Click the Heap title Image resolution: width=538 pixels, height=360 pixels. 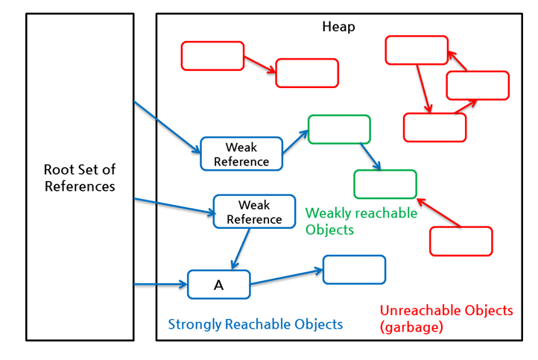pos(338,27)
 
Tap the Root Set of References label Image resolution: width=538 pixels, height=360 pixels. pos(80,178)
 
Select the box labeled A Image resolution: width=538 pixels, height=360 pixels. pos(218,285)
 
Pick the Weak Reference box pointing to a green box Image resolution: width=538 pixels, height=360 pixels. pos(241,154)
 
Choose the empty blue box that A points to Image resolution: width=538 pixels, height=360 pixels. pos(354,270)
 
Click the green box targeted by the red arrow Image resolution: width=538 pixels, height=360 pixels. pos(384,184)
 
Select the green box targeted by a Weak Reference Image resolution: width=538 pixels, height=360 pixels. pos(339,129)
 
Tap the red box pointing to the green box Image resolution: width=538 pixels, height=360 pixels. pos(461,241)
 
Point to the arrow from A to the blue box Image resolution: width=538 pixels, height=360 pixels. pos(286,277)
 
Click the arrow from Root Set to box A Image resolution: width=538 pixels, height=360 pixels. pos(160,284)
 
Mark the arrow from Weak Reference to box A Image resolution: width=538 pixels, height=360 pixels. pos(240,249)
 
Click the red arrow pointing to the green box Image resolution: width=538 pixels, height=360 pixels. pos(439,212)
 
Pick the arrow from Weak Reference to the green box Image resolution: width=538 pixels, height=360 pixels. pos(296,142)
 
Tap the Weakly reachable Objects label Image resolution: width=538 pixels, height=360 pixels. pos(361,221)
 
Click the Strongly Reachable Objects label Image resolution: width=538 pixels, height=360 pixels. pos(255,324)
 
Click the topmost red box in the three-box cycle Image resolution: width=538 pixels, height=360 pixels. pos(417,50)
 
